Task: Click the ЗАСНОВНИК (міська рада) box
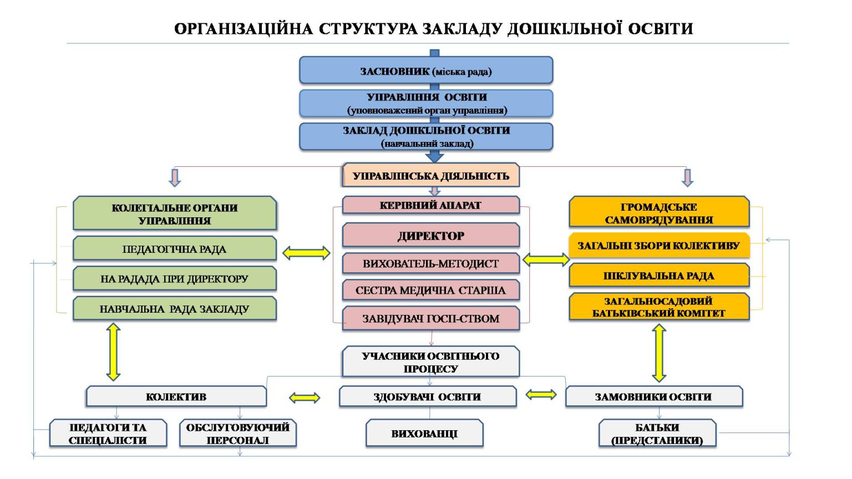coord(426,70)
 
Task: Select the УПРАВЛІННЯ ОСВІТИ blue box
coord(426,103)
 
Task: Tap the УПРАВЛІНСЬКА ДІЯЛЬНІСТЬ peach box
coord(430,176)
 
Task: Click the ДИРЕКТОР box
coord(430,236)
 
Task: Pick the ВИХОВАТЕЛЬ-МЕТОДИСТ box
coord(430,263)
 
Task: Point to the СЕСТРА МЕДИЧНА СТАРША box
coord(430,290)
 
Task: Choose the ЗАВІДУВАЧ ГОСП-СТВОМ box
coord(430,318)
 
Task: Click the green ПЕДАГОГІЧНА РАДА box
coord(174,249)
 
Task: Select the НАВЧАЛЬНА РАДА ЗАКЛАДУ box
coord(174,309)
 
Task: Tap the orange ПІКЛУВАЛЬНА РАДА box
coord(658,276)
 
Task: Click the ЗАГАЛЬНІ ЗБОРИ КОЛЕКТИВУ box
coord(658,246)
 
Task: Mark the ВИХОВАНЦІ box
coord(424,434)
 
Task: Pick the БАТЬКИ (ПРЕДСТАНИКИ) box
coord(657,434)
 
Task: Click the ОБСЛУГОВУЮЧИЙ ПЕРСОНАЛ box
coord(237,434)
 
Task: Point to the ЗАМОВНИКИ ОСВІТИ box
coord(653,396)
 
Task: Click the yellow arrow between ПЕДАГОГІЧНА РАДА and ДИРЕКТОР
coord(306,253)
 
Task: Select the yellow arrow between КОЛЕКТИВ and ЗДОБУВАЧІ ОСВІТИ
coord(305,398)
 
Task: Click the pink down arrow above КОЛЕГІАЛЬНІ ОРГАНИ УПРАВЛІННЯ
coord(175,177)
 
